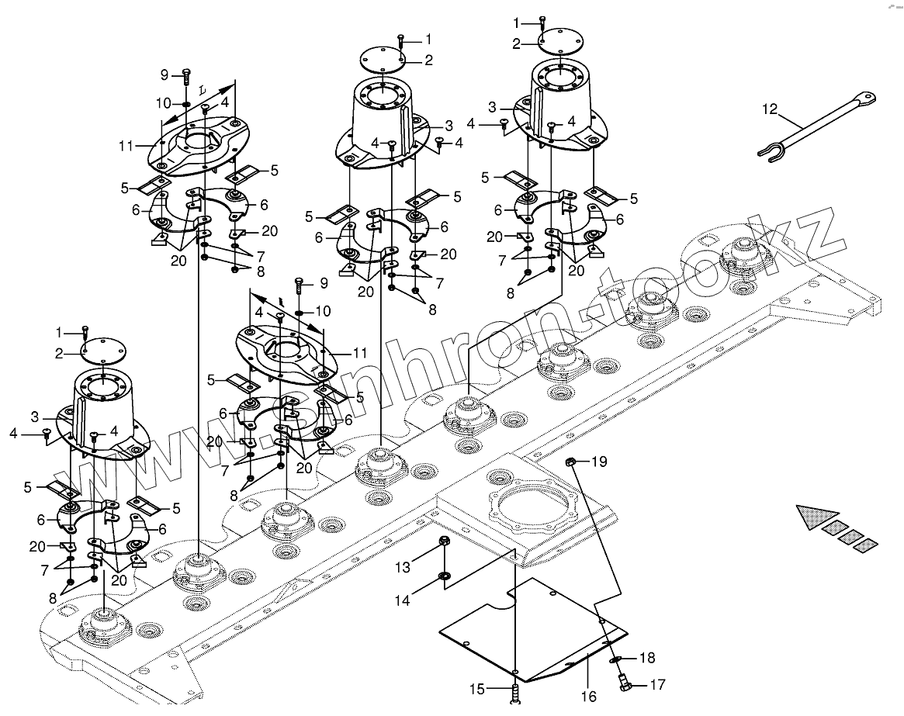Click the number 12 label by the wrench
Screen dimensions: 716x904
(x=769, y=110)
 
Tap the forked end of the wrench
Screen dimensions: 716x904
(x=770, y=155)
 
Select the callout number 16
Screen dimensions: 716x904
(x=589, y=697)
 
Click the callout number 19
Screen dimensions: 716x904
(x=599, y=462)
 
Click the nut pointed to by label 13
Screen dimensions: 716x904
(x=444, y=541)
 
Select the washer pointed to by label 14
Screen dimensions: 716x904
(x=443, y=576)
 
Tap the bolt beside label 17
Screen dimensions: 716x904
(x=622, y=682)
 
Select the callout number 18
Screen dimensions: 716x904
(x=647, y=658)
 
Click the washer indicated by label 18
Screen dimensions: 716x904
(x=615, y=659)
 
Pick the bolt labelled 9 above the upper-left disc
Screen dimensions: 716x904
(x=186, y=76)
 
